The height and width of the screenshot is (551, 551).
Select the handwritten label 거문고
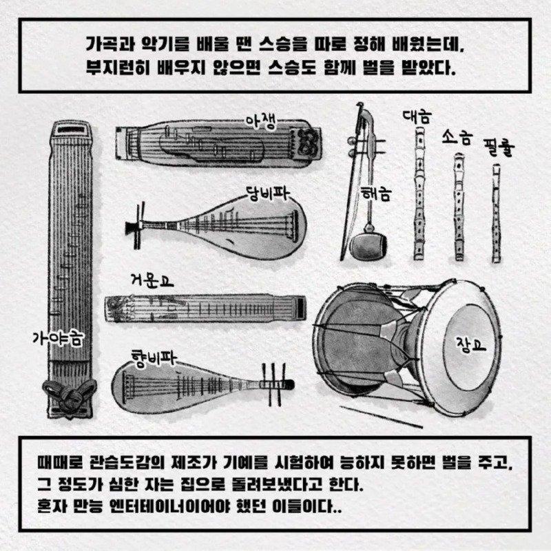pos(152,280)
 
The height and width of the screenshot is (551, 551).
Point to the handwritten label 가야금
pos(58,338)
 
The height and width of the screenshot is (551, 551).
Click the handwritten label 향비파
pos(153,358)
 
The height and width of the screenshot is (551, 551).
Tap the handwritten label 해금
pos(376,193)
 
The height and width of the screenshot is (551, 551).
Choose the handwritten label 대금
pos(417,116)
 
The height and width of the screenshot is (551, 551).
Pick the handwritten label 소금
pos(457,136)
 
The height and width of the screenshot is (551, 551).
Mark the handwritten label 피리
pos(499,147)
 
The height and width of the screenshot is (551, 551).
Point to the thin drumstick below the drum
pos(382,417)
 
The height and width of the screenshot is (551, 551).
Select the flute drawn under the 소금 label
pos(458,207)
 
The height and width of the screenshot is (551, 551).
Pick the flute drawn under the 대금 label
pos(419,193)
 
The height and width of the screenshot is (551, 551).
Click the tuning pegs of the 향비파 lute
pos(274,384)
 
